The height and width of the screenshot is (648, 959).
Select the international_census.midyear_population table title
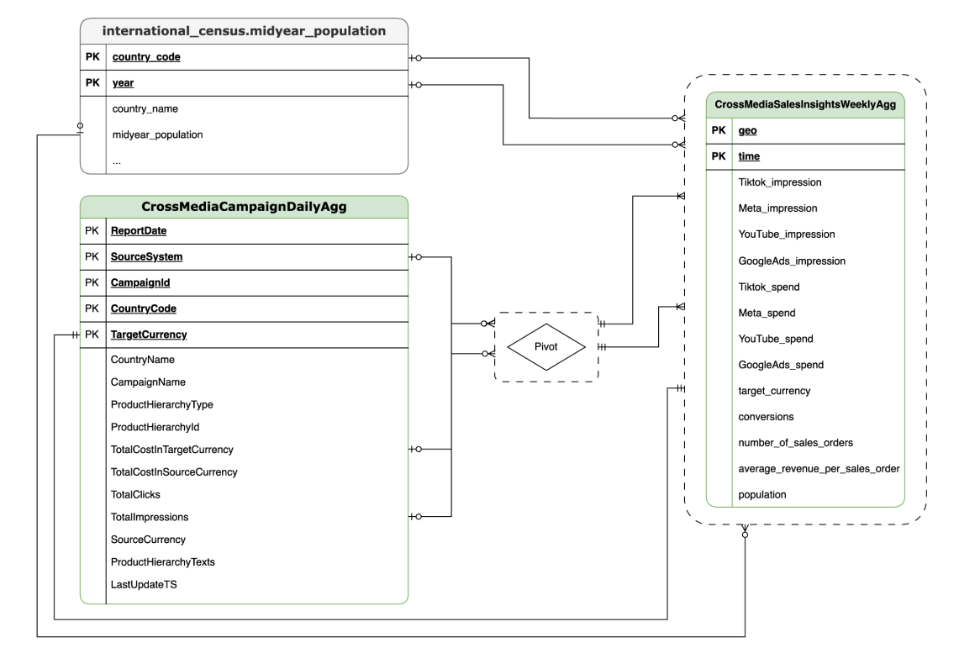click(244, 31)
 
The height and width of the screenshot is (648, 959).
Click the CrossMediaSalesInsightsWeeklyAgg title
click(805, 105)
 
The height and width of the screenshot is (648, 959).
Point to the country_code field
click(146, 58)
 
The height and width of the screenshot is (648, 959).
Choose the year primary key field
click(123, 84)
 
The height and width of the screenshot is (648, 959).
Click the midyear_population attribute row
click(157, 134)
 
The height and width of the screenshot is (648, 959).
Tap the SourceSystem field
click(147, 256)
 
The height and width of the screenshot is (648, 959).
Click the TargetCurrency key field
click(149, 335)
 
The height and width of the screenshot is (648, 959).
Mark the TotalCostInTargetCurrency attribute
click(171, 450)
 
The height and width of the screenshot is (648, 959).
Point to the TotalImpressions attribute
click(149, 517)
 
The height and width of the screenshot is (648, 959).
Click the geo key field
click(746, 130)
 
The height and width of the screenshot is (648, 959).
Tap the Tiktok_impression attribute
click(779, 182)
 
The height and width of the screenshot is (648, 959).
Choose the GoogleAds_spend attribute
click(780, 365)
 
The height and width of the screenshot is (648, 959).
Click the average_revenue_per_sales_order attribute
click(819, 468)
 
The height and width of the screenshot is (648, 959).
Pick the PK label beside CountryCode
click(93, 308)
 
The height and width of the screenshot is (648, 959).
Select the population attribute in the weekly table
click(761, 494)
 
